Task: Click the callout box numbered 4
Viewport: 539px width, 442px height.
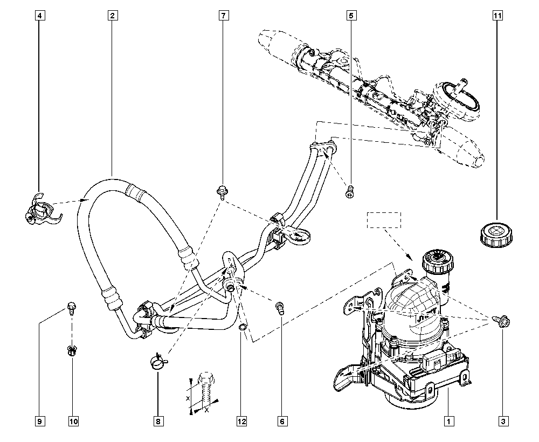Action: pyautogui.click(x=40, y=16)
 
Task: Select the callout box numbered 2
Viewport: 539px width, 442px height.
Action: pyautogui.click(x=113, y=16)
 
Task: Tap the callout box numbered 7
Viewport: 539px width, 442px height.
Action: pyautogui.click(x=224, y=16)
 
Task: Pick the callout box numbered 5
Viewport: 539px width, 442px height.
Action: pyautogui.click(x=351, y=16)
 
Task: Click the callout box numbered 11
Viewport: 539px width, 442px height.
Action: pyautogui.click(x=497, y=16)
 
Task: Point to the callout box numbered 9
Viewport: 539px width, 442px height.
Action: pyautogui.click(x=39, y=421)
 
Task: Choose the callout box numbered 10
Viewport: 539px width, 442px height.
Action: pyautogui.click(x=73, y=421)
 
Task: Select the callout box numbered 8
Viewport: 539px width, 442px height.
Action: pyautogui.click(x=158, y=421)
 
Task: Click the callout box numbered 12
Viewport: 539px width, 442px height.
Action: pyautogui.click(x=241, y=421)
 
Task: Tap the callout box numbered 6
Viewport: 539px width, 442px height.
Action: pyautogui.click(x=282, y=421)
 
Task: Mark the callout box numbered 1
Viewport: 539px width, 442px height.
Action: pyautogui.click(x=448, y=421)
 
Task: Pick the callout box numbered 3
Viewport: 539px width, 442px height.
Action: pyautogui.click(x=503, y=421)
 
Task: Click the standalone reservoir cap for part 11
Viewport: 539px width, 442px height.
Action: pyautogui.click(x=495, y=235)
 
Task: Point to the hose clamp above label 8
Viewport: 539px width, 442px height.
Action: pyautogui.click(x=158, y=361)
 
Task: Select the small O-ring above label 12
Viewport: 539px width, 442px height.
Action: pyautogui.click(x=243, y=327)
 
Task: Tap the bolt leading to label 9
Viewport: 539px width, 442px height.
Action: pyautogui.click(x=72, y=308)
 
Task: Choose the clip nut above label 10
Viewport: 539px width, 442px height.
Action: pyautogui.click(x=72, y=351)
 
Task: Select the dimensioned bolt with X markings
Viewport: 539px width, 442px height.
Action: pyautogui.click(x=205, y=389)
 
